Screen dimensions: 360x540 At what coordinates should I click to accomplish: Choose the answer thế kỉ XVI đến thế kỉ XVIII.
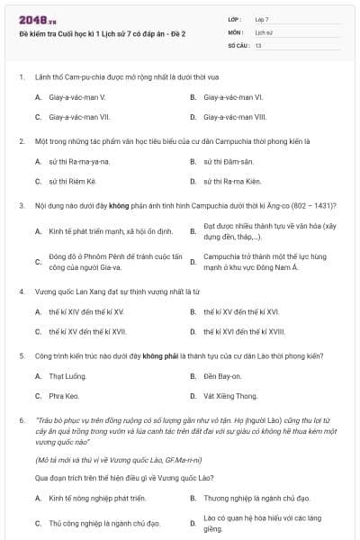245,331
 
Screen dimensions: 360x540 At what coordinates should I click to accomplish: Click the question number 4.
21,292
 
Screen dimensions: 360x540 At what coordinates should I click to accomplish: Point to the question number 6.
21,420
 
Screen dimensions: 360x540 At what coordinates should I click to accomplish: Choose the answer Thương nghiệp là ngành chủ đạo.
256,497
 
